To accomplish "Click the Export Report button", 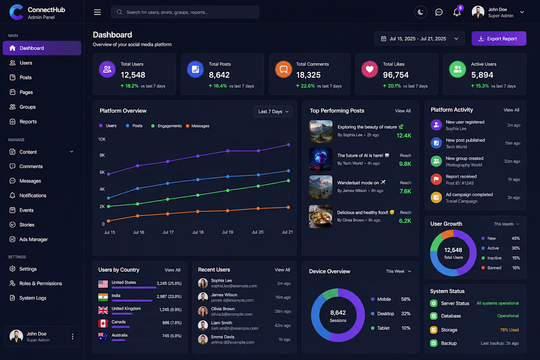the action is coord(499,39).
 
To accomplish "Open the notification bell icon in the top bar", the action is coord(457,12).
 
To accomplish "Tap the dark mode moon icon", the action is coord(421,12).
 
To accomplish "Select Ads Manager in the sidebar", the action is coord(33,239).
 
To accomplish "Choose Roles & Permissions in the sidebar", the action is coord(41,283).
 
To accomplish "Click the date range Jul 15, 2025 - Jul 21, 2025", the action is coord(418,39).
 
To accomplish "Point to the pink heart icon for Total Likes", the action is coord(370,69).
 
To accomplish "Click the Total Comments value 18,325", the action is coord(308,75).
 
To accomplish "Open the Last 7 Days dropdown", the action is coord(273,111).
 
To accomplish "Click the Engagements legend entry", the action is coord(166,126).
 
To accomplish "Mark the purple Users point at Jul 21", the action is coord(289,145).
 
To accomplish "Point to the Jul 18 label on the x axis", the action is coord(198,232).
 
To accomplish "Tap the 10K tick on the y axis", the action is coord(102,139).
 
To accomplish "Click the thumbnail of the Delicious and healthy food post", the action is coord(321,216).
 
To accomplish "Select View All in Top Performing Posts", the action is coord(403,111).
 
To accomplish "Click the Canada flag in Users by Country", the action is coord(103,323).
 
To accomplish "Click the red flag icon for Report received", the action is coord(436,180).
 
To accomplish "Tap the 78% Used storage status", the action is coord(510,330).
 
